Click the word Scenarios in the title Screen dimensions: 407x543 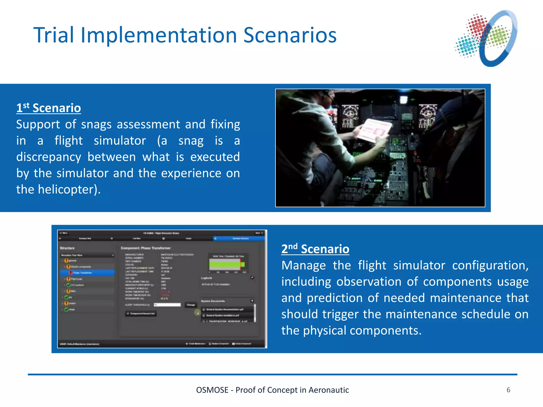[290, 35]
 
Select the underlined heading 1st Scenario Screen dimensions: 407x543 [49, 108]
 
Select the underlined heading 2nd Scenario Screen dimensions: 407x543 [315, 249]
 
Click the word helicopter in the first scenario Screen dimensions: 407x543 [66, 189]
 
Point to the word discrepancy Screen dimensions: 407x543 [49, 157]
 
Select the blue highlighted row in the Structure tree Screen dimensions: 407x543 [87, 273]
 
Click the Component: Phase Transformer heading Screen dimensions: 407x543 [146, 248]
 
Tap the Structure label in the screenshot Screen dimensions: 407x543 [67, 248]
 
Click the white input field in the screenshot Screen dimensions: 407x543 [167, 305]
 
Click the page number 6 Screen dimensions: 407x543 [508, 390]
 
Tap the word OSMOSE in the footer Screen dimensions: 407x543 [212, 390]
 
